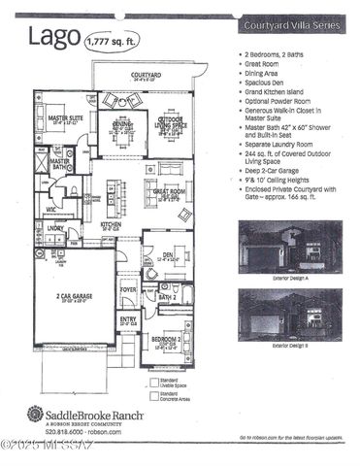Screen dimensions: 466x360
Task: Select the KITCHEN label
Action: (112, 225)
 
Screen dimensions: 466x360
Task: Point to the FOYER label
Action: (128, 289)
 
